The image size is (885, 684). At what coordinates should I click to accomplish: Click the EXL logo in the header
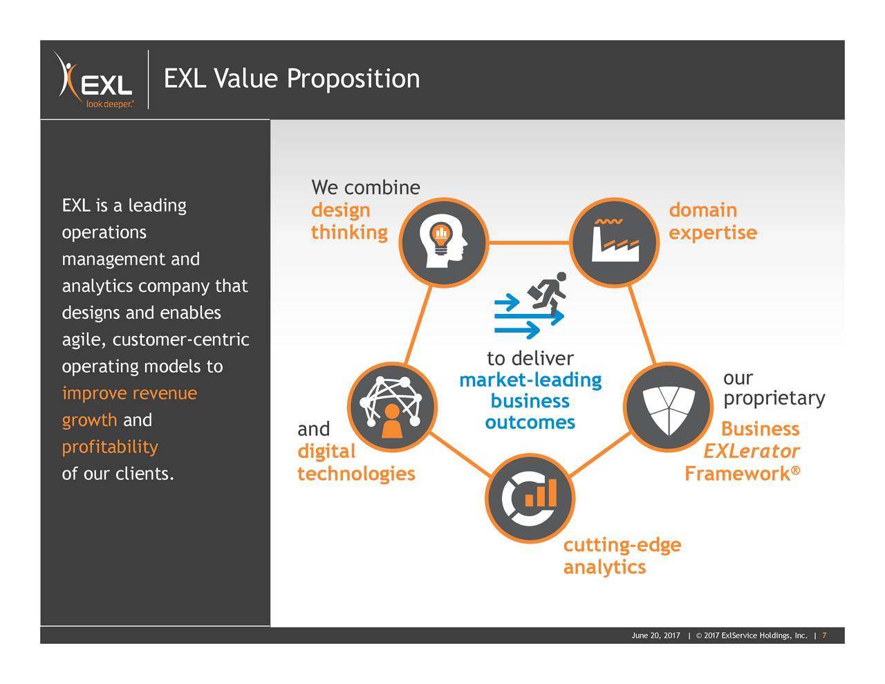point(95,80)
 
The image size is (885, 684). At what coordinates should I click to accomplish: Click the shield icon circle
point(668,407)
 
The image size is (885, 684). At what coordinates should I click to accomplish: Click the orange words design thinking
point(348,221)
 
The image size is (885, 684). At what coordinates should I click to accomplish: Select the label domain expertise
point(712,221)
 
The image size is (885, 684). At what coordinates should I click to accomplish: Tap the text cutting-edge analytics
point(621,556)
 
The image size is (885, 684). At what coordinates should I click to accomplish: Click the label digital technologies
point(355,463)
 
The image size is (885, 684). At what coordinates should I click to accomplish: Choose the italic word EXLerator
point(751,452)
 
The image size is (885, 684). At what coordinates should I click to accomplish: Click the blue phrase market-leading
point(530,380)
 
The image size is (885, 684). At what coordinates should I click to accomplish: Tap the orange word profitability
point(110,447)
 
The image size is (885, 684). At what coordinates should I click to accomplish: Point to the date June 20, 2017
point(655,636)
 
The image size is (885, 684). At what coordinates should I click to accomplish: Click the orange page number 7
point(824,636)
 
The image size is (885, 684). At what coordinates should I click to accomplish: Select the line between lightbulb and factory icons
point(528,243)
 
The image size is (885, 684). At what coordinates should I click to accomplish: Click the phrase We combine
point(365,188)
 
